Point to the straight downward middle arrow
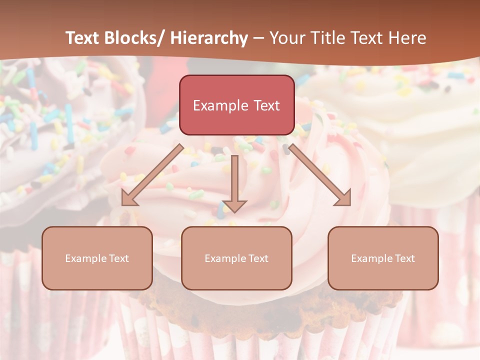[234, 180]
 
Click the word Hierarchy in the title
[209, 38]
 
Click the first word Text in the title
[83, 38]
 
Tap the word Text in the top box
[265, 105]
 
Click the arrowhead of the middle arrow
[234, 205]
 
